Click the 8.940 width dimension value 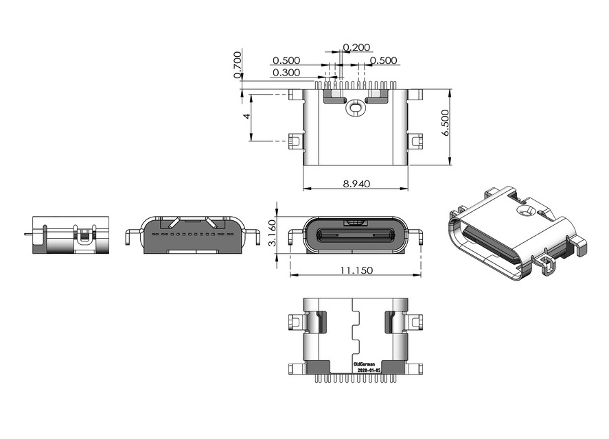(x=356, y=183)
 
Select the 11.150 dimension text (x=356, y=270)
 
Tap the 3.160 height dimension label (x=272, y=233)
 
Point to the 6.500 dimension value (x=446, y=123)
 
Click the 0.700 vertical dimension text (x=238, y=64)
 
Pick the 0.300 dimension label (x=286, y=73)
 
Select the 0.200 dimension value (x=357, y=47)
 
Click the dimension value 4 (x=246, y=117)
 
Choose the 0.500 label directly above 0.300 (x=286, y=60)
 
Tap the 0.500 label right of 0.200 (x=384, y=60)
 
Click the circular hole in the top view (x=355, y=107)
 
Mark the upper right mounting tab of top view (x=414, y=95)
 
